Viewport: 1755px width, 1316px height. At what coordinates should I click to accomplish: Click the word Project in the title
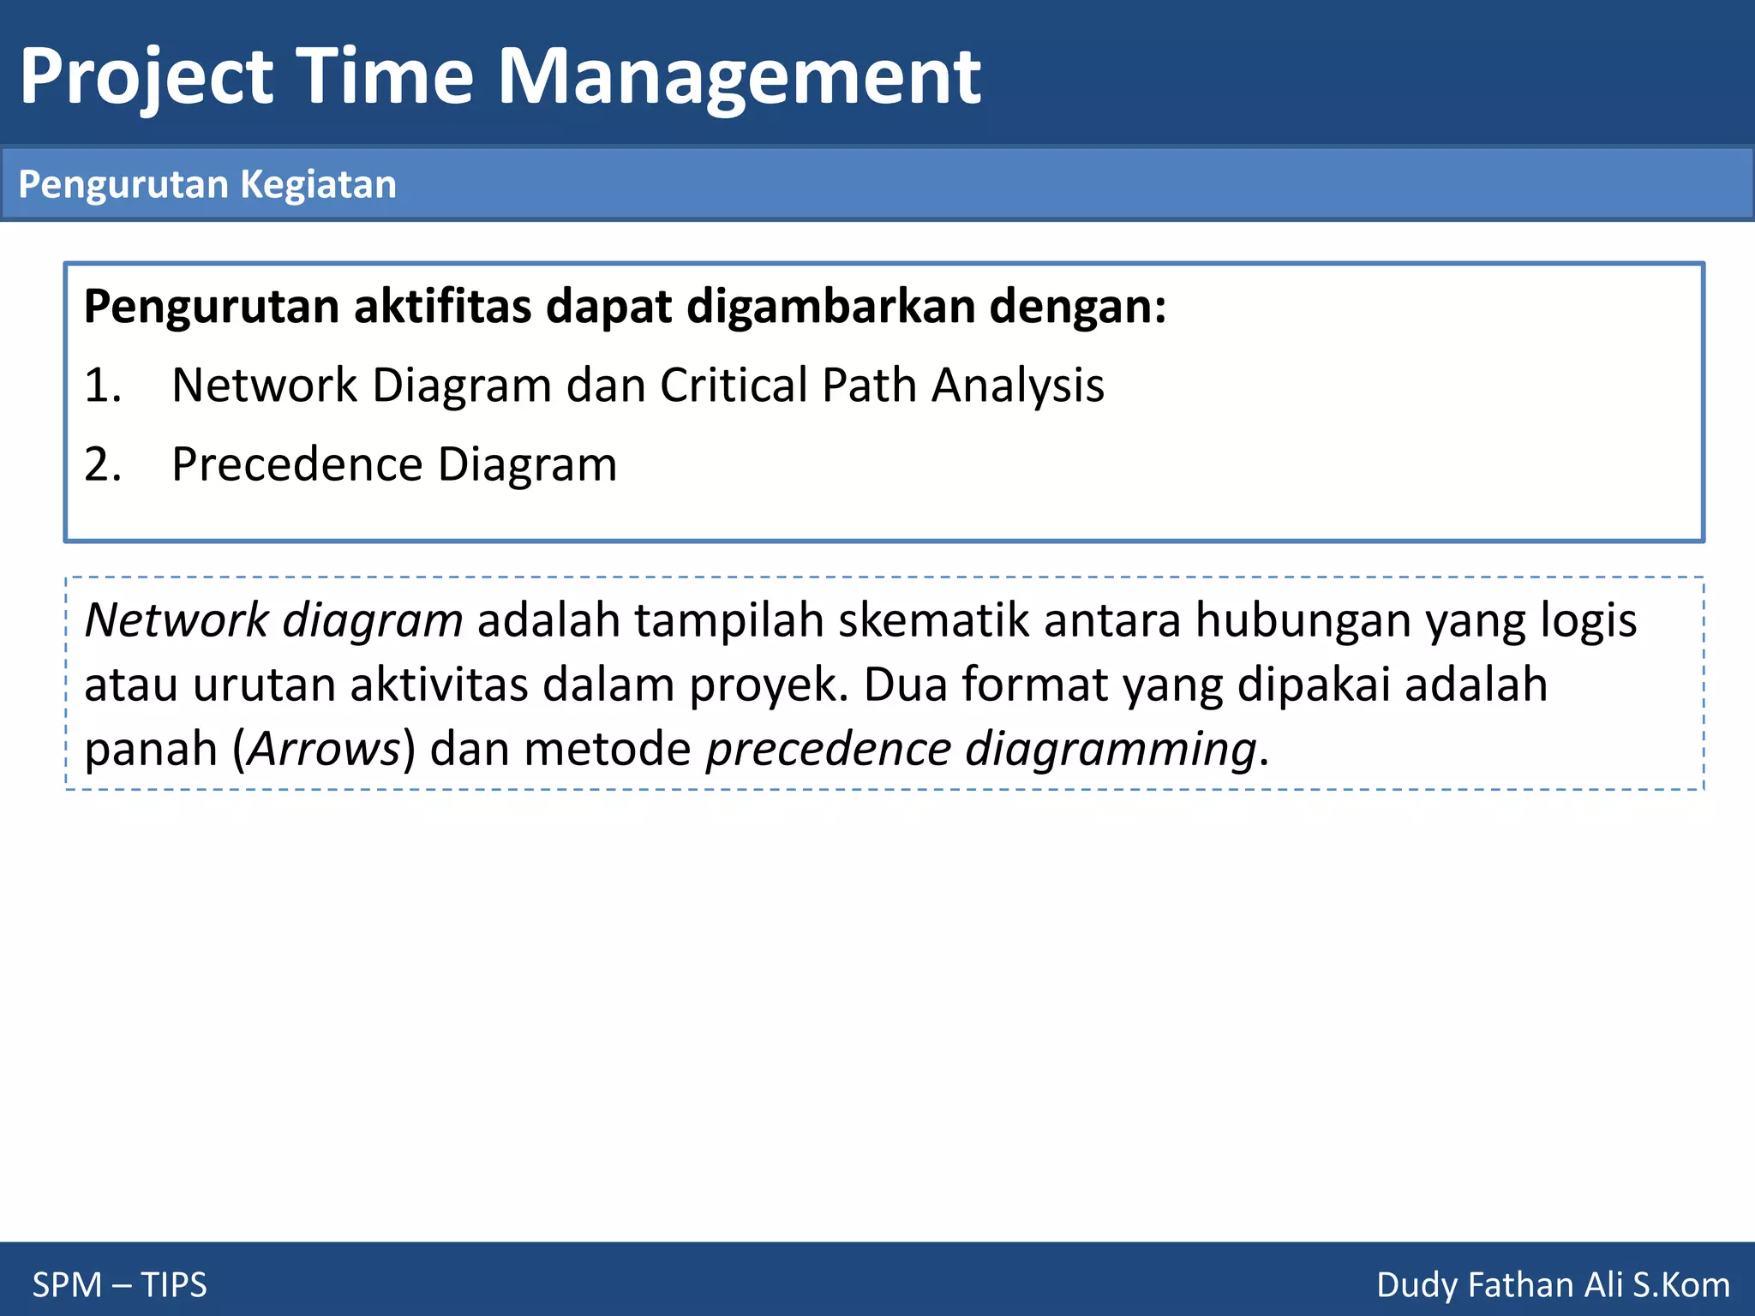tap(146, 79)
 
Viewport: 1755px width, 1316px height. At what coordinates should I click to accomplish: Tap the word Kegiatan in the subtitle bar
tap(318, 185)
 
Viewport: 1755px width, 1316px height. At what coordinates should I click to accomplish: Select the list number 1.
tap(101, 386)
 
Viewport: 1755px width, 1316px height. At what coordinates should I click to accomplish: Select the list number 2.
tap(101, 465)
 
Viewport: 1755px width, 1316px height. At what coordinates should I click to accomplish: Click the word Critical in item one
tap(734, 386)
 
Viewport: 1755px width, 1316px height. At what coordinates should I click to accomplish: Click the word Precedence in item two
tap(297, 465)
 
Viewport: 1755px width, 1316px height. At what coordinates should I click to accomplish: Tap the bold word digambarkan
tap(830, 307)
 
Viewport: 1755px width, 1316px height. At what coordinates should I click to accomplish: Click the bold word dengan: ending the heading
tap(1078, 307)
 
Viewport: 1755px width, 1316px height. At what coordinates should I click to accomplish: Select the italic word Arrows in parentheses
tap(324, 750)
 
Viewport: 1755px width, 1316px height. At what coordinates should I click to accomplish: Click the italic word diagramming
tap(1110, 750)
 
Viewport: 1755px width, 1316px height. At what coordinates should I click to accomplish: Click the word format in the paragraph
tap(1034, 685)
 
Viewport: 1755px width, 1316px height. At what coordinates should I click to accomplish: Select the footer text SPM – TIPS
tap(119, 1285)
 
